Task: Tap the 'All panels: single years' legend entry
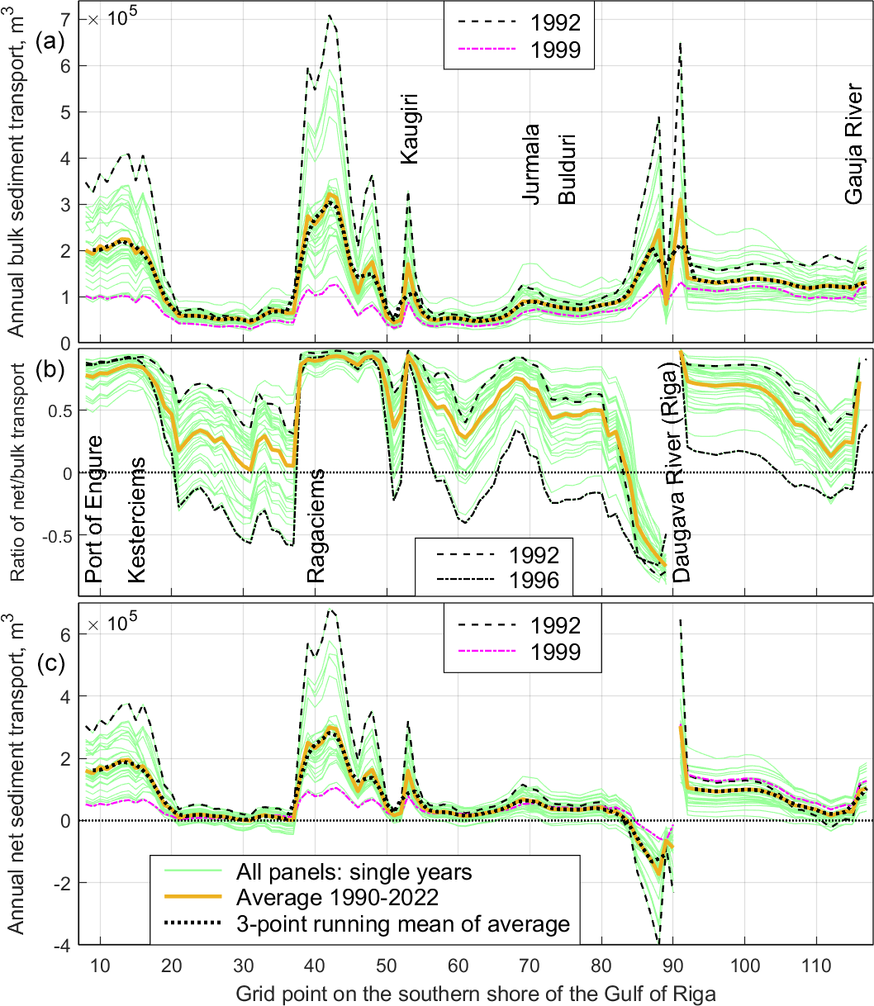point(354,871)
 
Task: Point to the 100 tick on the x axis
point(744,965)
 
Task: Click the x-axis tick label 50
point(386,965)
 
